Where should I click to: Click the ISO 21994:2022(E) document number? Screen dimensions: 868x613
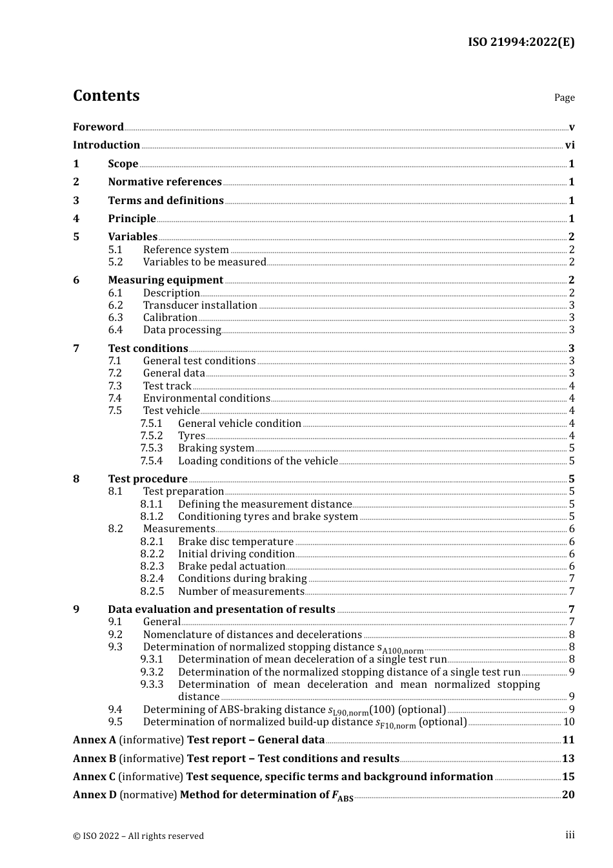(x=521, y=43)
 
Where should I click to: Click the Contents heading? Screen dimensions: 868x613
(x=106, y=96)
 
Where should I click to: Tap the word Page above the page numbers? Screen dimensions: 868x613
(x=564, y=98)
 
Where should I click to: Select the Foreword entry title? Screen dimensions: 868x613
(x=98, y=127)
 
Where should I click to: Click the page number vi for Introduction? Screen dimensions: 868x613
(x=570, y=145)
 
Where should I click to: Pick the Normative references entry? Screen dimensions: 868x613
(x=165, y=182)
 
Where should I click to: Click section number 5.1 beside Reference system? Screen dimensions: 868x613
(x=116, y=250)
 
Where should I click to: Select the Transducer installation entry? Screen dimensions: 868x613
(x=200, y=305)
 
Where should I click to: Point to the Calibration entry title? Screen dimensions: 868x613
(x=170, y=318)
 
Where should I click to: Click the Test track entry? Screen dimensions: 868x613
(x=167, y=386)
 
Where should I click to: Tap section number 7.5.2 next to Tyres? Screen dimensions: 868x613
(x=152, y=436)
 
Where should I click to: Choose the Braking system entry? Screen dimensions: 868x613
(x=216, y=448)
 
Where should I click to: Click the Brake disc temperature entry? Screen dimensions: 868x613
(x=236, y=542)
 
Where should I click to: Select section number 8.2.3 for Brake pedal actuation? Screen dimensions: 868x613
(x=152, y=566)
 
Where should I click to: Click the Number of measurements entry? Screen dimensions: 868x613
(x=241, y=592)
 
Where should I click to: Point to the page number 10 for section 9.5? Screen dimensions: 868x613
(x=568, y=722)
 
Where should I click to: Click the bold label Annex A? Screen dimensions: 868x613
(x=94, y=740)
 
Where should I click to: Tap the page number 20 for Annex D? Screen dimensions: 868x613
(x=568, y=795)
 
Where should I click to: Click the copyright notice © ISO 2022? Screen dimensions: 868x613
(x=138, y=836)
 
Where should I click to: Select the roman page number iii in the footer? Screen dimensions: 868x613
(x=570, y=835)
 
